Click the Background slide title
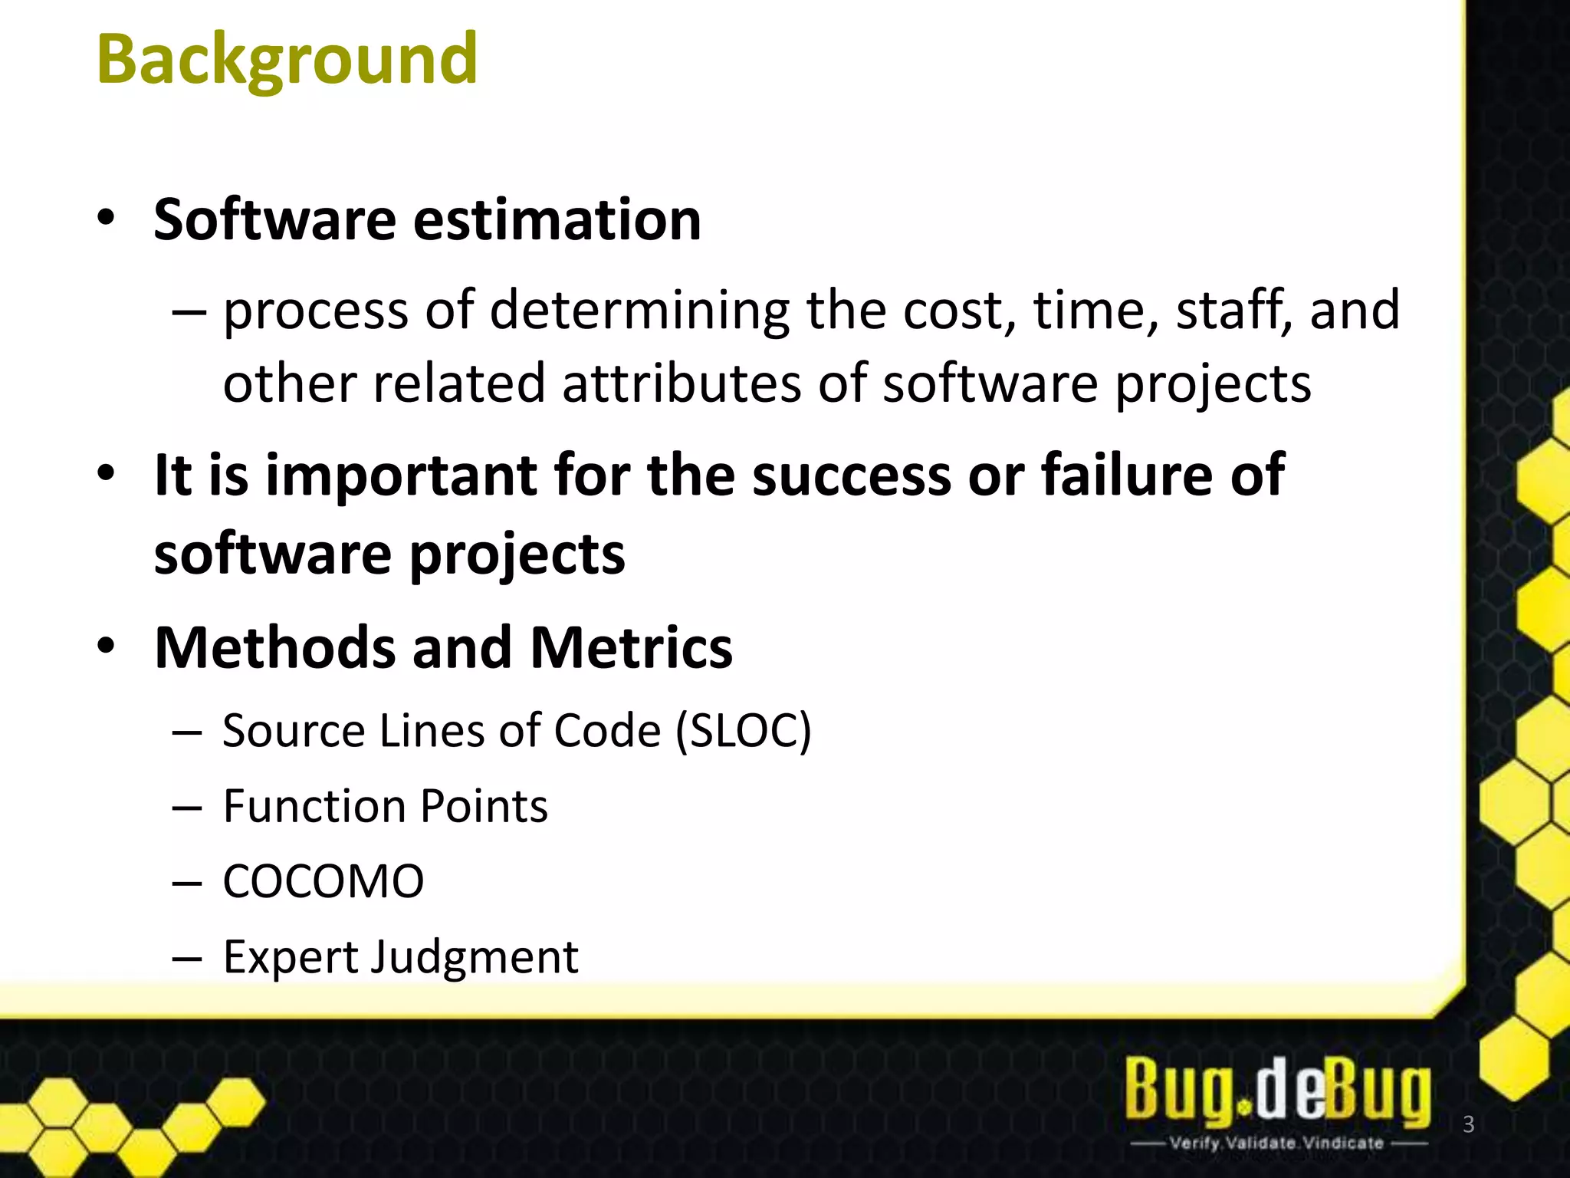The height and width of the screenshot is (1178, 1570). [x=287, y=60]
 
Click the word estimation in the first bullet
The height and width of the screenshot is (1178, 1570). [x=557, y=220]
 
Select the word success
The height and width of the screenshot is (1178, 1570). [x=852, y=475]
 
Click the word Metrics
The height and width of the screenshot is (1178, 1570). [x=631, y=648]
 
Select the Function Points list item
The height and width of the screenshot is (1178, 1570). [x=386, y=807]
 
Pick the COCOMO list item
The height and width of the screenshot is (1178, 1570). [x=323, y=881]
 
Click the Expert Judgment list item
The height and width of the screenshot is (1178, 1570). [x=400, y=957]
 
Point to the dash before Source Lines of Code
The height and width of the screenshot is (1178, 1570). [x=187, y=732]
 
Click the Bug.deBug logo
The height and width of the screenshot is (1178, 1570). [x=1277, y=1091]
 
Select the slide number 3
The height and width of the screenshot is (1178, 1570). [x=1469, y=1124]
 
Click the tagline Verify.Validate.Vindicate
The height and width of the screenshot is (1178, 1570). [x=1276, y=1143]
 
